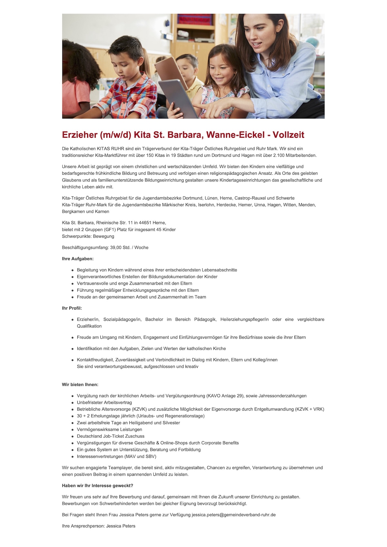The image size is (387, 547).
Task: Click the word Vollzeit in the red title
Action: coord(288,135)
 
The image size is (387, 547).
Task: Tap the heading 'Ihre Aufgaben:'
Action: coord(78,259)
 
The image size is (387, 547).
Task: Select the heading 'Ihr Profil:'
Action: coord(72,308)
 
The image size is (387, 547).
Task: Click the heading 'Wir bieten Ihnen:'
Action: coord(80,385)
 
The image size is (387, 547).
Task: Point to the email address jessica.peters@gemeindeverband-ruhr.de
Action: coord(233,515)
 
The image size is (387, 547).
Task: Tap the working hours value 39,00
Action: coord(115,247)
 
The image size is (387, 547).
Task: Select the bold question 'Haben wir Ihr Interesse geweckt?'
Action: coord(97,485)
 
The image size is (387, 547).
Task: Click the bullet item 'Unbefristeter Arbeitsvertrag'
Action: coord(104,402)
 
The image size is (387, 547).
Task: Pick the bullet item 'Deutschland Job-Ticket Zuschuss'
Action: coord(111,436)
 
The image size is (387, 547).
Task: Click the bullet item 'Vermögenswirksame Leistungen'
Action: coord(109,429)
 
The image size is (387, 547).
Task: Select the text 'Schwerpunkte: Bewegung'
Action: coord(88,236)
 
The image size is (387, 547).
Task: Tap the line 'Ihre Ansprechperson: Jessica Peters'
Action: coord(98,526)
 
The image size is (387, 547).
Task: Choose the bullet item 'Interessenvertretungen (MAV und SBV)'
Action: coord(116,456)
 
